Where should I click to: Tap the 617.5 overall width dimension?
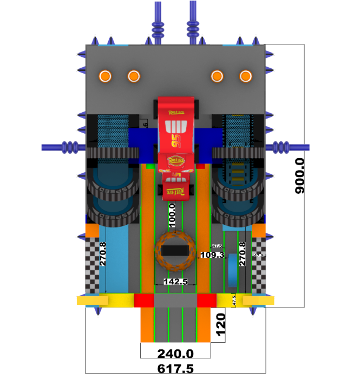(175, 369)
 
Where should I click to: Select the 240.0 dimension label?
(175, 354)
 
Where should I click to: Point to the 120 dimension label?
(219, 324)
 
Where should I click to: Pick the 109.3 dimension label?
(212, 255)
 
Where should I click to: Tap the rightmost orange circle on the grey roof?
(246, 76)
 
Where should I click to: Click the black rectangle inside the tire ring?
(175, 251)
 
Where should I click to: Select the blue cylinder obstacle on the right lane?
(232, 269)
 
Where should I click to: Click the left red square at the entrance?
(144, 300)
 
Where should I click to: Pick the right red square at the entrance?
(206, 300)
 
